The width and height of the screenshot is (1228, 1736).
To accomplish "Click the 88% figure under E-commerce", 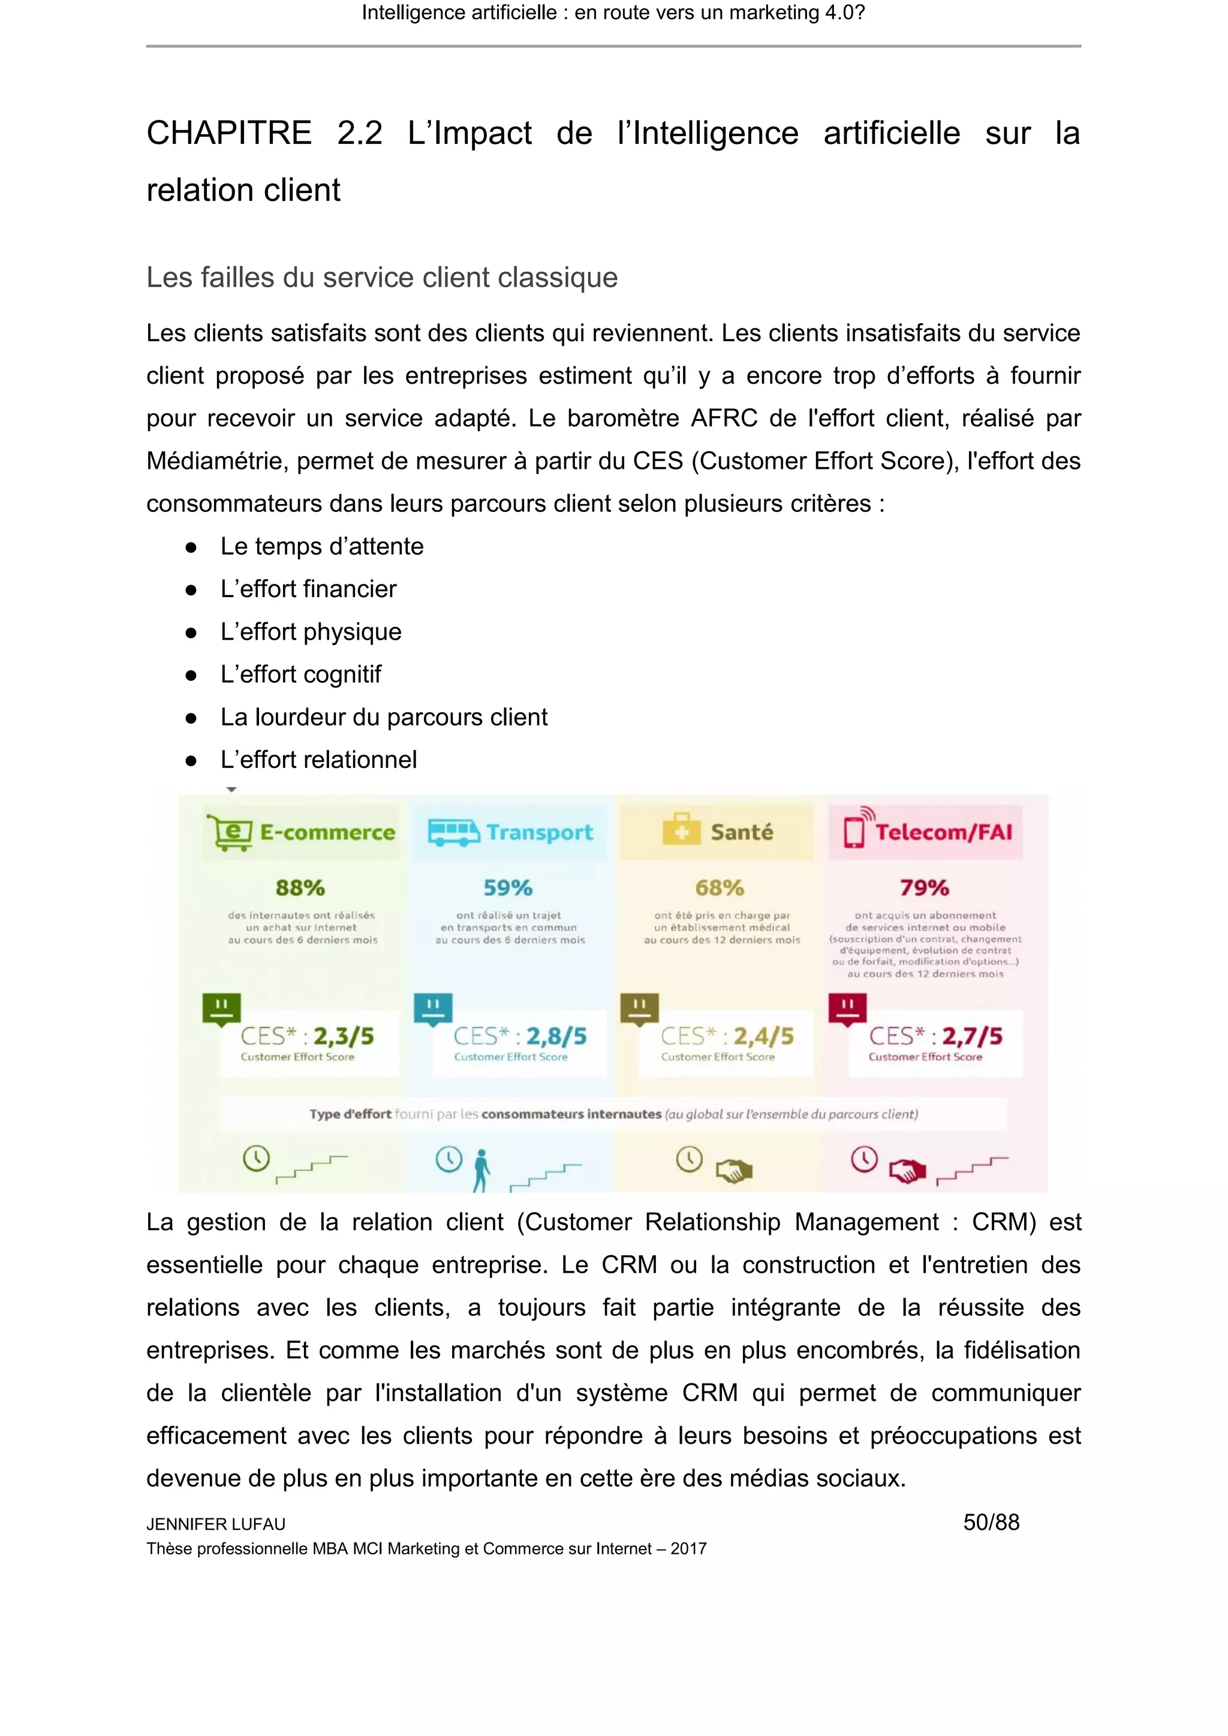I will click(300, 888).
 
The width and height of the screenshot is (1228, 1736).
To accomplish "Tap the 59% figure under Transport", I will click(508, 888).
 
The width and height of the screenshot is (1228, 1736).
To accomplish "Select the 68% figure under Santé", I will click(719, 888).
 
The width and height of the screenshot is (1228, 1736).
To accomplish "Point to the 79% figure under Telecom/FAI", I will click(924, 888).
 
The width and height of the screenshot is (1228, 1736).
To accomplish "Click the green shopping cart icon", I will click(230, 833).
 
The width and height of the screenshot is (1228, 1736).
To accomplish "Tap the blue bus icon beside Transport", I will click(453, 833).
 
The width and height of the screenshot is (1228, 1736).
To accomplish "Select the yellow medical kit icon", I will click(681, 830).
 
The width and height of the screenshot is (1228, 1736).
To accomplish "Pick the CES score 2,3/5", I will click(344, 1036).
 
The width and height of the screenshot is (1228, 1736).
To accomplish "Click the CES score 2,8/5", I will click(556, 1036).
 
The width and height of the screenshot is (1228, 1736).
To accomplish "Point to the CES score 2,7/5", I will click(973, 1036).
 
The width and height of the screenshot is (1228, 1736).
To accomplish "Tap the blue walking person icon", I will click(481, 1171).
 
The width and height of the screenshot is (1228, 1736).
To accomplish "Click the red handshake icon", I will click(907, 1171).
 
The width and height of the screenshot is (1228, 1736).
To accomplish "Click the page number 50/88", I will click(991, 1522).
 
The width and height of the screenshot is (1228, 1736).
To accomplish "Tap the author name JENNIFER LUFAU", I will click(215, 1524).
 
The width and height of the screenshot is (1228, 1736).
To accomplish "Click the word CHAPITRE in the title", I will click(229, 134).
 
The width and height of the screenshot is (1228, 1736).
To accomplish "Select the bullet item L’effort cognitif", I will click(300, 674).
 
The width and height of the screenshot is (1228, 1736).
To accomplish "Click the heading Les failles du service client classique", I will click(382, 278).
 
